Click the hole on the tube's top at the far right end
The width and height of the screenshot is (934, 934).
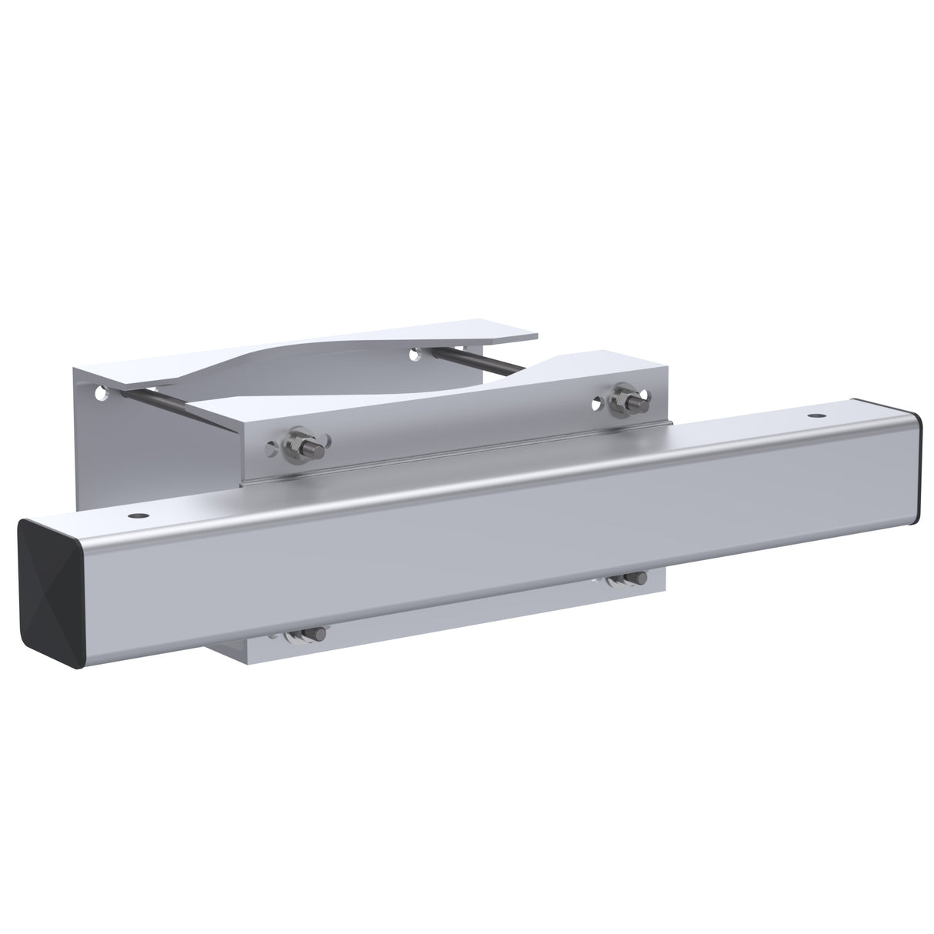(x=813, y=415)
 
